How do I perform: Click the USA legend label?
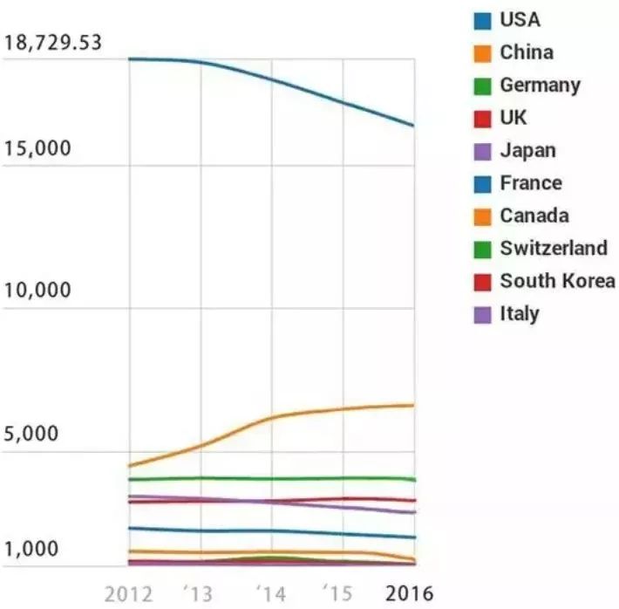pyautogui.click(x=520, y=19)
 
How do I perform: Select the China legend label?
pyautogui.click(x=526, y=52)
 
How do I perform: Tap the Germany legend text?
pyautogui.click(x=540, y=86)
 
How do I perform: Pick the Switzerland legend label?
pyautogui.click(x=554, y=249)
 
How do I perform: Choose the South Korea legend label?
pyautogui.click(x=557, y=281)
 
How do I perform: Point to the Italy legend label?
pyautogui.click(x=520, y=314)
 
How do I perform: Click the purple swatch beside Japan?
pyautogui.click(x=483, y=151)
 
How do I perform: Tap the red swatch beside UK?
pyautogui.click(x=483, y=119)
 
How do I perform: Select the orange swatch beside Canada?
pyautogui.click(x=483, y=216)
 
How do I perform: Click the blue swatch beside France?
pyautogui.click(x=483, y=184)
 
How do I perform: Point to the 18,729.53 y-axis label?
pyautogui.click(x=52, y=43)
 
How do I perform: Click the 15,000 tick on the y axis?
pyautogui.click(x=37, y=149)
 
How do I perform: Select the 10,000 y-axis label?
pyautogui.click(x=37, y=291)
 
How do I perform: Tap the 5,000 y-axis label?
pyautogui.click(x=32, y=435)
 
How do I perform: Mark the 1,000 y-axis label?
pyautogui.click(x=32, y=550)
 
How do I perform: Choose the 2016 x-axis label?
pyautogui.click(x=409, y=593)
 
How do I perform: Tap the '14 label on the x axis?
pyautogui.click(x=272, y=593)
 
